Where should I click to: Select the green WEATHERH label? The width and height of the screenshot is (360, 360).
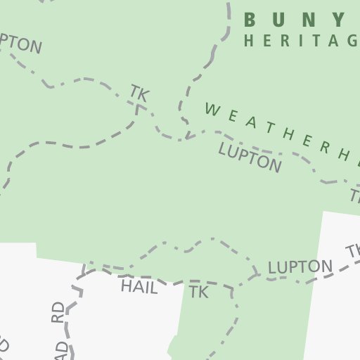tap(281, 132)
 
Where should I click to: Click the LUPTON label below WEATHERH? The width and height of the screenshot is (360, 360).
tap(250, 157)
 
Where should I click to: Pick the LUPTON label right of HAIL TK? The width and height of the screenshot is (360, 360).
tap(300, 267)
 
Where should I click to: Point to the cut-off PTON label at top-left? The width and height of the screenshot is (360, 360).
tap(20, 44)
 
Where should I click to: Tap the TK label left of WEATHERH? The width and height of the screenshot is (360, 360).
tap(140, 93)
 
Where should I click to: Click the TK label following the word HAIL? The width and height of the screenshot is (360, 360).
tap(199, 292)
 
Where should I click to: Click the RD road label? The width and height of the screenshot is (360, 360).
tap(57, 313)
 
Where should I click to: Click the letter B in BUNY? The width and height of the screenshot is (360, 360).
tap(252, 19)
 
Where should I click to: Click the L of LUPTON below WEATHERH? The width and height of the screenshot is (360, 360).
tap(224, 149)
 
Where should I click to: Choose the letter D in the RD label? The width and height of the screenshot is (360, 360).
tap(57, 307)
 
